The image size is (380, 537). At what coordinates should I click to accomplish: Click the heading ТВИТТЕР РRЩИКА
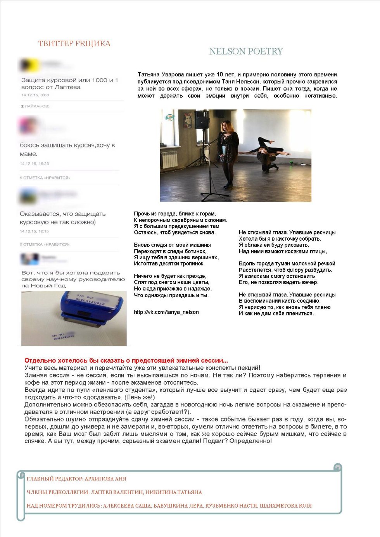point(74,43)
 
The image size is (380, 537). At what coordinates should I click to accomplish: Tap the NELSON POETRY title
point(246,51)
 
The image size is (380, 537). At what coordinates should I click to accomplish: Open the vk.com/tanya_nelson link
point(166,312)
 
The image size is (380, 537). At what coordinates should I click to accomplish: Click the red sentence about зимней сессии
point(126,360)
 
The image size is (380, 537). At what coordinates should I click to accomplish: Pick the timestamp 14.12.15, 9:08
point(35,95)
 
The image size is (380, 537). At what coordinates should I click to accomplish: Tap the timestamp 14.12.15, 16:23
point(35,164)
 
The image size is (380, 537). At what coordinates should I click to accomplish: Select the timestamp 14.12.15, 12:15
point(35,231)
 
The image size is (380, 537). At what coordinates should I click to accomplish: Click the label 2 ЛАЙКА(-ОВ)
point(35,106)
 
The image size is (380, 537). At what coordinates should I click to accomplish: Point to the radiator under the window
point(170,159)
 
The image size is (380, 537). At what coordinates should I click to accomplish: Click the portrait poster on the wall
point(187,120)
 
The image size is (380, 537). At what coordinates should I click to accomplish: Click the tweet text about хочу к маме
point(67,149)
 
